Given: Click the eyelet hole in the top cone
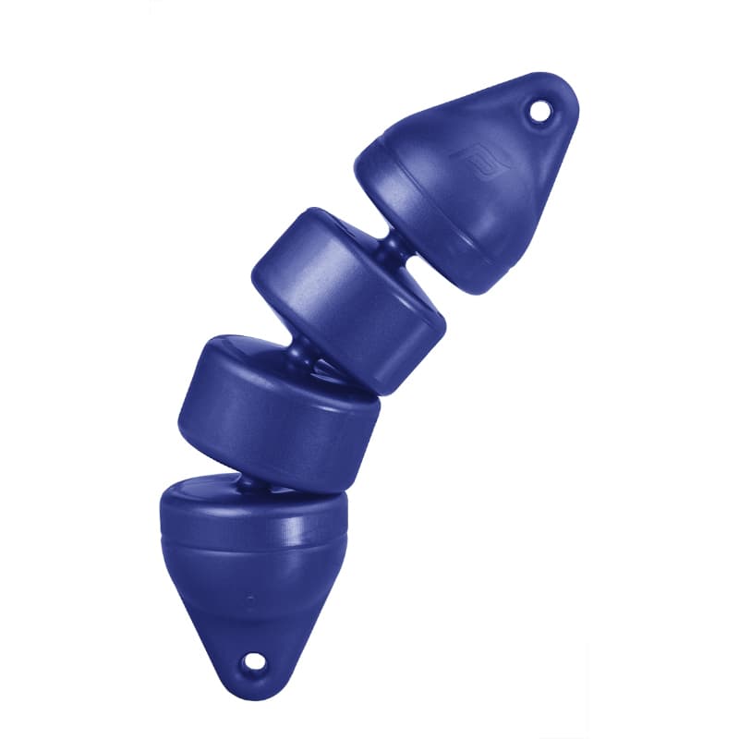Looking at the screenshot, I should [538, 112].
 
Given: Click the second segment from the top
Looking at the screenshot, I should [351, 296].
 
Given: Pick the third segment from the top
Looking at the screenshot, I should [277, 406].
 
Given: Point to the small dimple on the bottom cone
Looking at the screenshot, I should [249, 600].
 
